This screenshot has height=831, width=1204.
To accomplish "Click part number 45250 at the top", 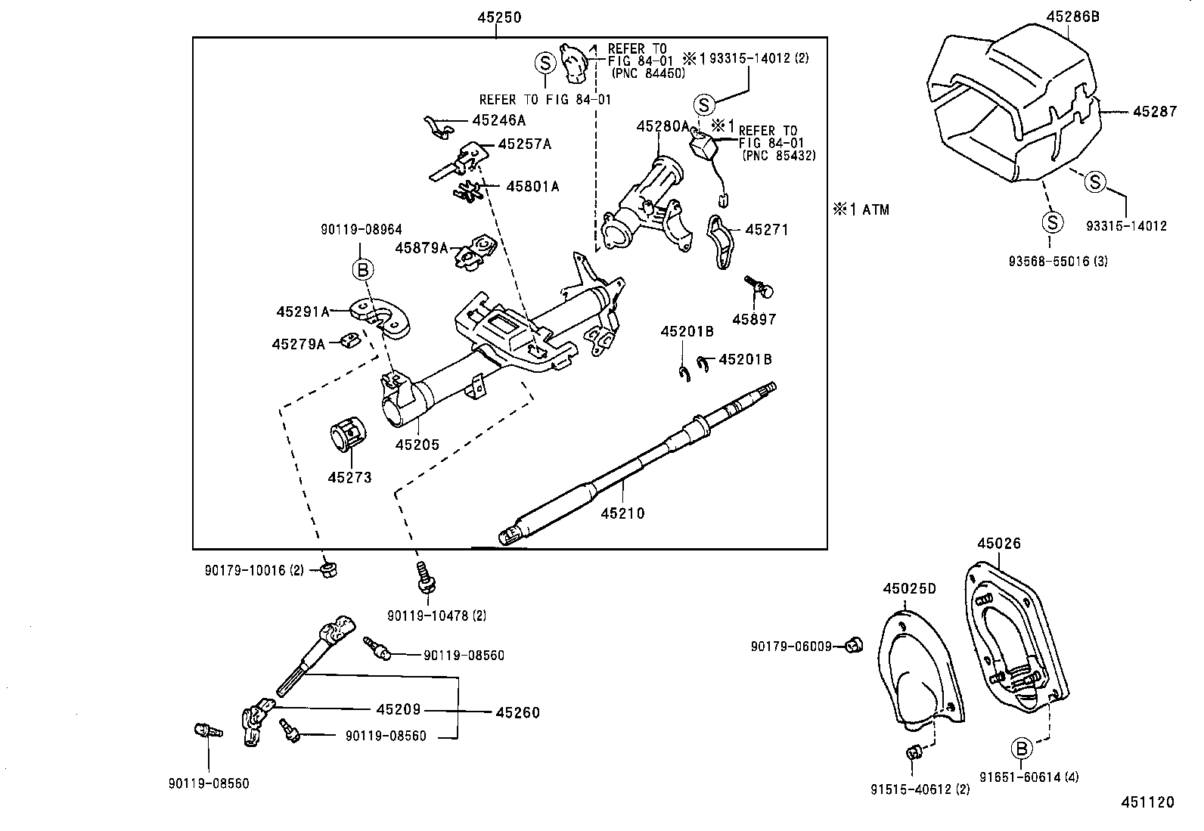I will coord(498,17).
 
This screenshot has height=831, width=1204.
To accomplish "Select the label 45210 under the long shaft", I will coord(622,513).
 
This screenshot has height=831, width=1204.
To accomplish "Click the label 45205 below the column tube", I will coord(417,445).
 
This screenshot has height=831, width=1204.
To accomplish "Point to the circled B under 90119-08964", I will coord(362,269).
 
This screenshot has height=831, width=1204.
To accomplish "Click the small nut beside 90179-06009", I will coord(856,645).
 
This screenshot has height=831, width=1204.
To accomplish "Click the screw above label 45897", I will coord(759,287).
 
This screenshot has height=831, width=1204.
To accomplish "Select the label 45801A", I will coord(532,186).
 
